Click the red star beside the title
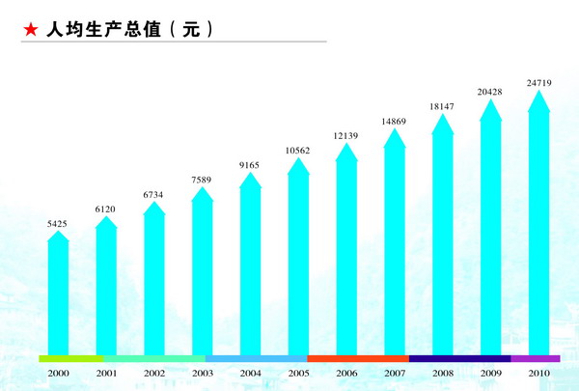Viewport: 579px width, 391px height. click(30, 30)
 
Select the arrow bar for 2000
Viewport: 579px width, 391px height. click(58, 294)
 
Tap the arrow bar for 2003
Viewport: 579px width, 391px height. click(202, 275)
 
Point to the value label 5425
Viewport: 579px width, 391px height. click(58, 224)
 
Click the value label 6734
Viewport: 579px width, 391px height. click(154, 195)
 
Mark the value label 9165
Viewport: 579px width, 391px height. click(250, 166)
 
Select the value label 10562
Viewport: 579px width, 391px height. click(298, 151)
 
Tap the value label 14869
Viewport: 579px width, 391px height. click(394, 121)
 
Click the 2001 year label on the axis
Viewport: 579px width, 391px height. click(106, 373)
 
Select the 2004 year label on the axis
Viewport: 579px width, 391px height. click(250, 373)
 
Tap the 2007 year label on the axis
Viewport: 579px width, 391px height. click(394, 373)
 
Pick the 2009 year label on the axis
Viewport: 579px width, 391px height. click(490, 373)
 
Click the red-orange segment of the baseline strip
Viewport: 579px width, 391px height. click(358, 358)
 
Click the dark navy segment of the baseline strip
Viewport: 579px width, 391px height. click(459, 358)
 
